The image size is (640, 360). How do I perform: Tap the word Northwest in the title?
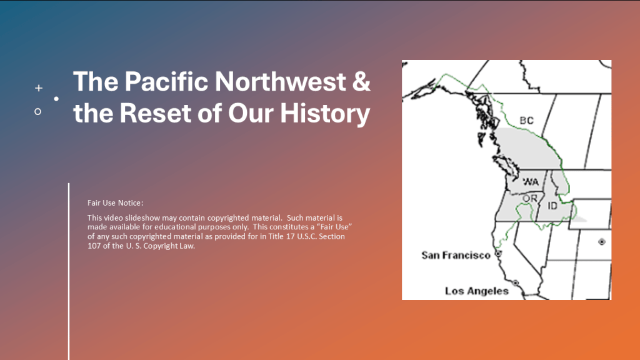[281, 81]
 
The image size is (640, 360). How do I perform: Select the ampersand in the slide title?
[361, 81]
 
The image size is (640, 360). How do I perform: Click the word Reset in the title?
[155, 112]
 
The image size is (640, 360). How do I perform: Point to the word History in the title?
[325, 114]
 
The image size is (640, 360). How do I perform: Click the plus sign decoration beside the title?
[39, 87]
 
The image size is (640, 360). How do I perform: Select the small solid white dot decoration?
[56, 99]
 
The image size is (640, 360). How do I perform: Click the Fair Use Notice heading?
[115, 203]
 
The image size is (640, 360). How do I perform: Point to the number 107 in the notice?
[94, 246]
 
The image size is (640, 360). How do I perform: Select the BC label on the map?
[526, 121]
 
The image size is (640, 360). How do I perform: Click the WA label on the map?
[531, 182]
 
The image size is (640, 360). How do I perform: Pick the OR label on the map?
[530, 198]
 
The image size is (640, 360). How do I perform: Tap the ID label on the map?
[552, 206]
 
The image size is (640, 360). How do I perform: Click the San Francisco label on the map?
[456, 256]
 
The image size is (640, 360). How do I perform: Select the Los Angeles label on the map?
[477, 291]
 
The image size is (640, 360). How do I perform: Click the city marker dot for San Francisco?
[498, 254]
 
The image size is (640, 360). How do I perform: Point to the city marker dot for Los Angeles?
[516, 283]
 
